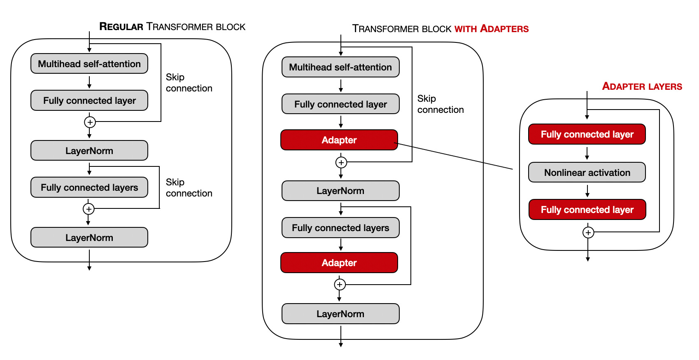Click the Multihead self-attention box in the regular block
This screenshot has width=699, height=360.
(x=89, y=64)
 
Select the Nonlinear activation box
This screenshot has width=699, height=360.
(x=587, y=173)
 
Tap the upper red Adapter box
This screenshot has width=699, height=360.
(x=339, y=140)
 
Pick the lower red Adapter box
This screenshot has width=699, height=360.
(x=339, y=263)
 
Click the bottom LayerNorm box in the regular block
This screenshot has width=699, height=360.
(x=89, y=238)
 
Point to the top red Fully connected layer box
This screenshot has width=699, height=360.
(x=587, y=134)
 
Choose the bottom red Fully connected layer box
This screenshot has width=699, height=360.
(x=587, y=210)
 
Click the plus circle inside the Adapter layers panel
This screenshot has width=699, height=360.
(x=588, y=233)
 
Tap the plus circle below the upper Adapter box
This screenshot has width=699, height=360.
(x=341, y=162)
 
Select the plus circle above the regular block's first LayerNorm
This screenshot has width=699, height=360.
(x=90, y=122)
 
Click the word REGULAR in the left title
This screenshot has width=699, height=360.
(x=121, y=27)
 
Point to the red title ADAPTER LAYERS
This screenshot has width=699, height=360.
(x=642, y=86)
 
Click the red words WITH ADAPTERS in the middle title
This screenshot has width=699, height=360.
(x=492, y=29)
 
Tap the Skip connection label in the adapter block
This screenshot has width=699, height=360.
(x=440, y=104)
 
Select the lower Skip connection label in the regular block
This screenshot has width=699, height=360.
(x=189, y=188)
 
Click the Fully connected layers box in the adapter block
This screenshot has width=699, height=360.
(x=340, y=228)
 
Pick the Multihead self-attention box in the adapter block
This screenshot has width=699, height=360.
(x=340, y=67)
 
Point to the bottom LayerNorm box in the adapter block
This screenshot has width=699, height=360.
(x=340, y=314)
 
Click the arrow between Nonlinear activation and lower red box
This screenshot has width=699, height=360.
(x=587, y=191)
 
